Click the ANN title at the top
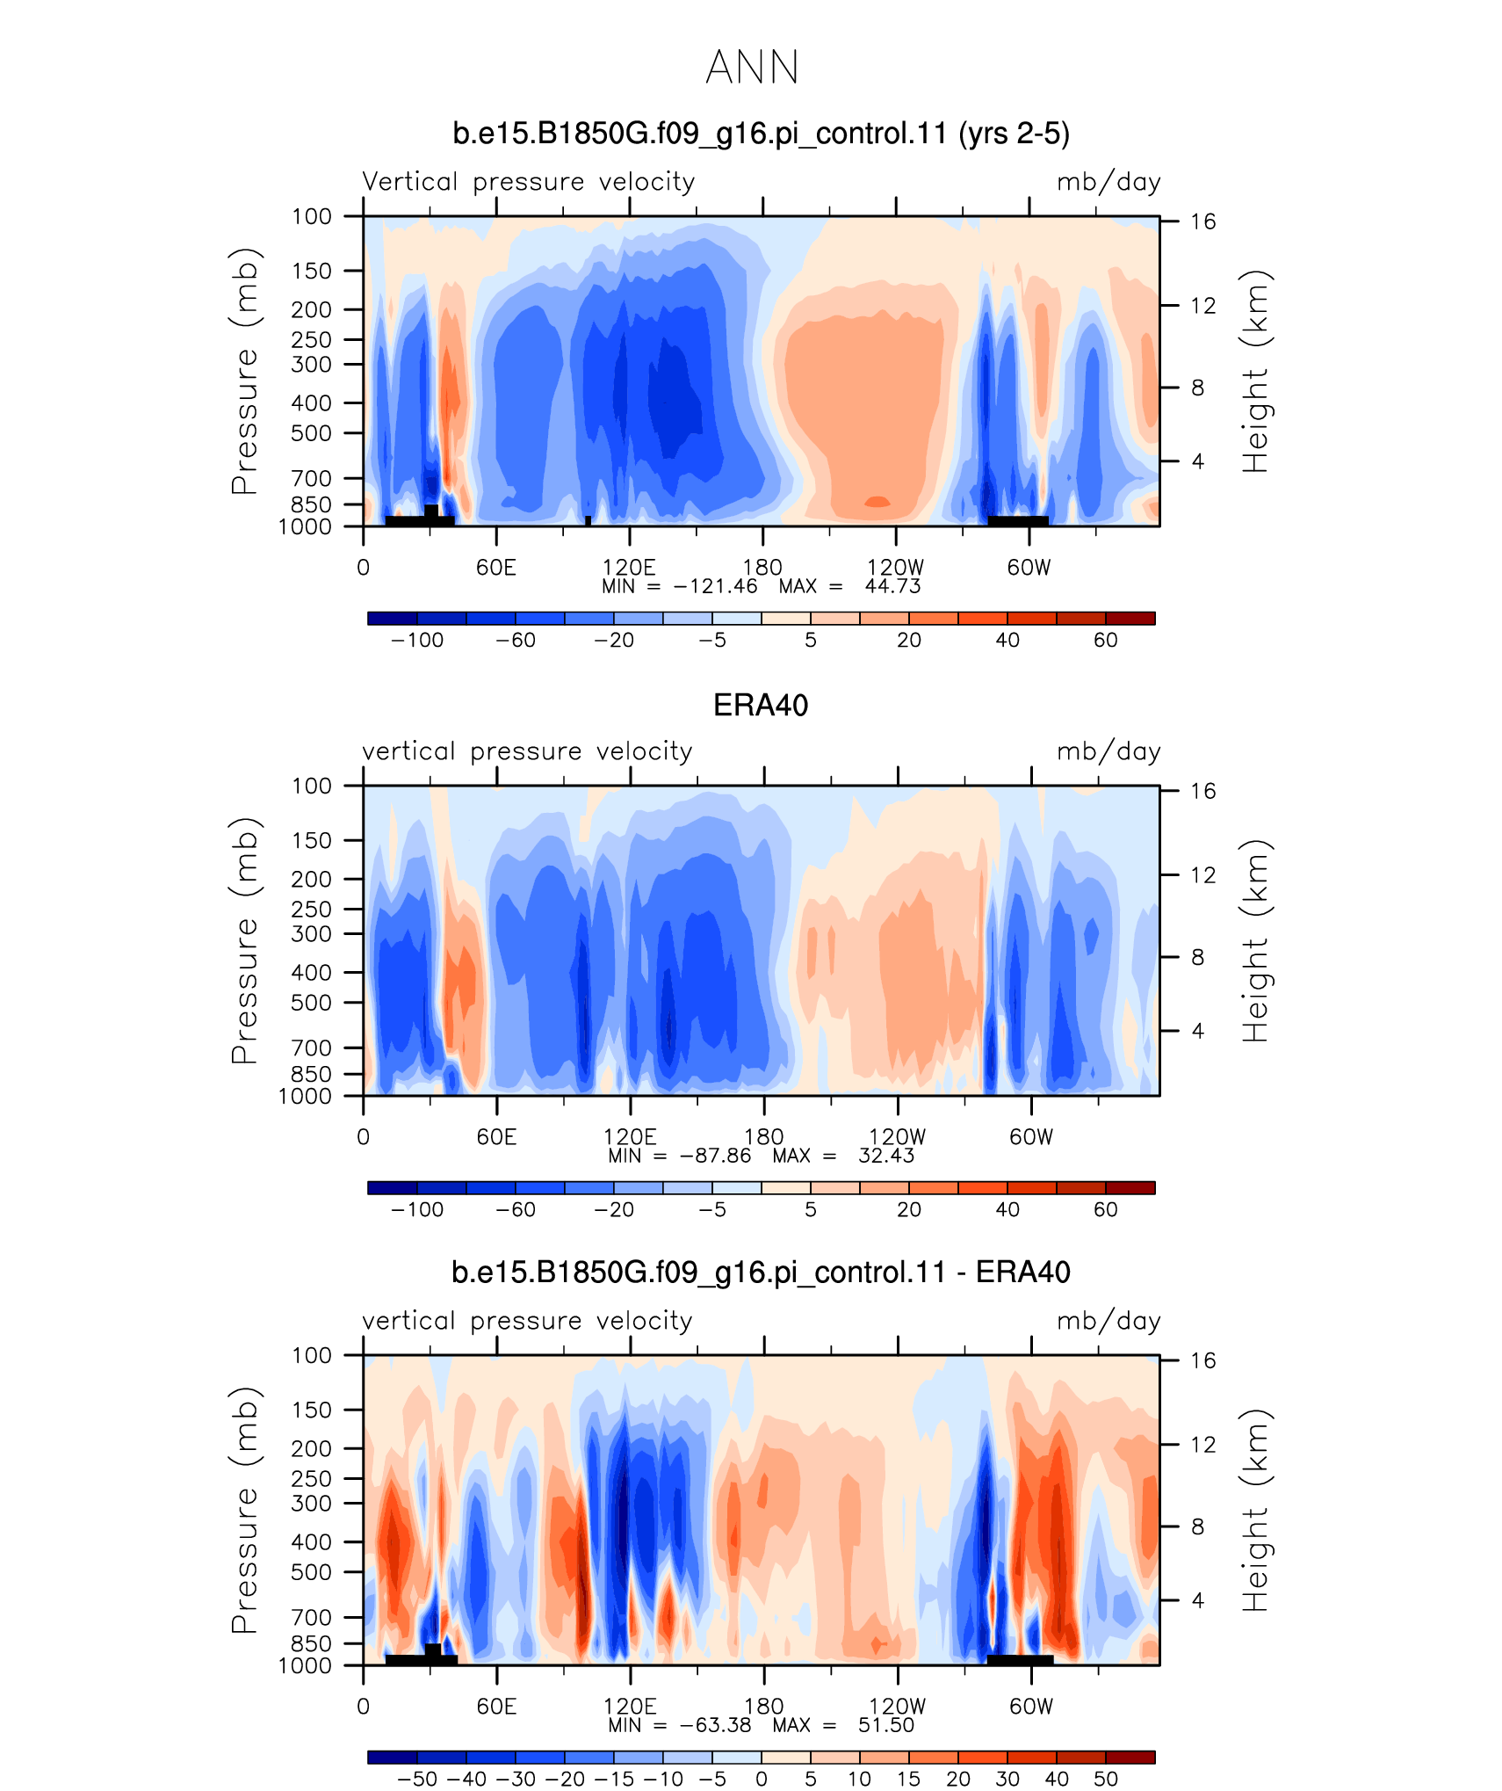752,67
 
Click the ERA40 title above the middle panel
761,705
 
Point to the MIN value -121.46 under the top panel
715,586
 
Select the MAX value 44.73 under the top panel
892,586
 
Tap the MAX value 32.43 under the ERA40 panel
886,1156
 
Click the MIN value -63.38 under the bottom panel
716,1725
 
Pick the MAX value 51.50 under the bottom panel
886,1725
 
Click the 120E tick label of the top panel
629,567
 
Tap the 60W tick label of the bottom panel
1031,1706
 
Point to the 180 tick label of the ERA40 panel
763,1136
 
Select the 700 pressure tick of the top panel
312,478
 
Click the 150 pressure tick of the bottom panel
312,1410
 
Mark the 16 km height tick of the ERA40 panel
1203,791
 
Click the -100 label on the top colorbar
417,640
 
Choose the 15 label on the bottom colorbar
909,1779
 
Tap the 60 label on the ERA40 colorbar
1106,1209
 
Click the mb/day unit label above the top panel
1108,182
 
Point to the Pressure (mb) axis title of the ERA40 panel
245,940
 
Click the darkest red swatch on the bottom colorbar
1130,1757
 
